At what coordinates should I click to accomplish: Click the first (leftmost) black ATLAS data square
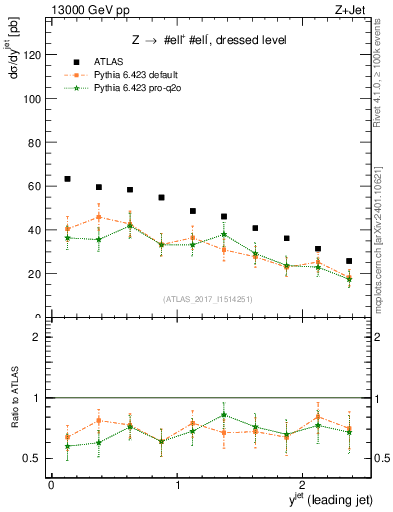[67, 179]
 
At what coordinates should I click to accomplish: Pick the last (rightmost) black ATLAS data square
[349, 261]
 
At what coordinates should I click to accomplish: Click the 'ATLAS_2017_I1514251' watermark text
[209, 299]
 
